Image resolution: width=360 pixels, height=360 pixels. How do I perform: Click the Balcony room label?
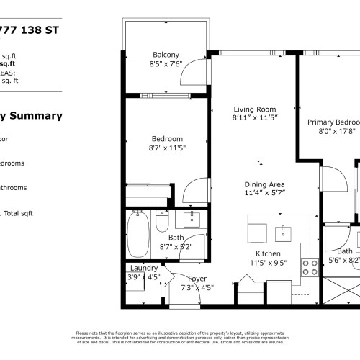pyautogui.click(x=166, y=55)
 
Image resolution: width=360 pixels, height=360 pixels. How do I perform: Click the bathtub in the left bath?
pyautogui.click(x=138, y=230)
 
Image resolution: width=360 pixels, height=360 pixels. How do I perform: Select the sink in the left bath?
pyautogui.click(x=192, y=217)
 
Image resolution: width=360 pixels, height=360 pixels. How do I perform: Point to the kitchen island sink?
pyautogui.click(x=283, y=232)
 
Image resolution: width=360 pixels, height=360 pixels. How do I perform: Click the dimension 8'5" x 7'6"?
pyautogui.click(x=166, y=63)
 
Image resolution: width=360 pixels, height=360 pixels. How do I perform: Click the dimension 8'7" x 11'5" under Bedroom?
pyautogui.click(x=167, y=148)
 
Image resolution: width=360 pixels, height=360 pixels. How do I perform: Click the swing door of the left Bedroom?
pyautogui.click(x=194, y=192)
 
